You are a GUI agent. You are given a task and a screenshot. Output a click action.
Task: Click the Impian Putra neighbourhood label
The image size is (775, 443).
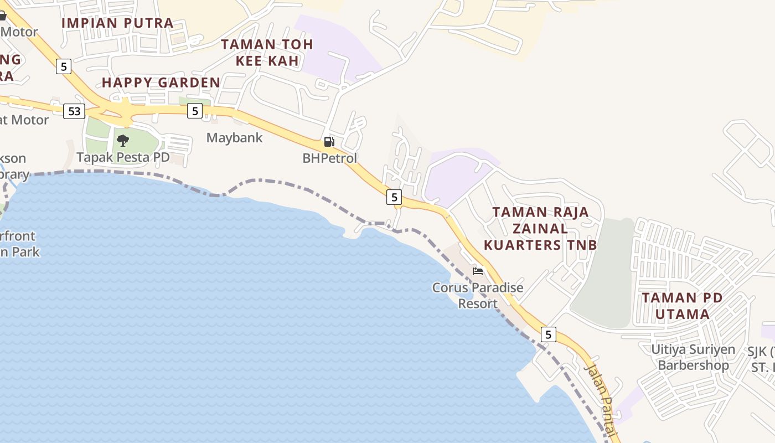pos(117,23)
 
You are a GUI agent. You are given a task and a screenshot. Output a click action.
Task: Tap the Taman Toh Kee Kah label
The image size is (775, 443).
pos(267,52)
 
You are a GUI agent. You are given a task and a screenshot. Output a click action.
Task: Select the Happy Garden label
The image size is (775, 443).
pos(161,83)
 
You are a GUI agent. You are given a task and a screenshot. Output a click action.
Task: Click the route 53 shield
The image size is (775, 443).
pos(74,111)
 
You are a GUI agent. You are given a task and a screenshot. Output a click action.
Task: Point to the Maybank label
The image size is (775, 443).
pos(234,138)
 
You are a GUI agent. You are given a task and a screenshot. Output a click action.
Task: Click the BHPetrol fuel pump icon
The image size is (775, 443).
pos(329,142)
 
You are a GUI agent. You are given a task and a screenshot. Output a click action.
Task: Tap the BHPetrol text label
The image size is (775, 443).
pos(329,158)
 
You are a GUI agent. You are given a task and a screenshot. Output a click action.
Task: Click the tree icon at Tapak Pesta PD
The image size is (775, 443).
pos(123,141)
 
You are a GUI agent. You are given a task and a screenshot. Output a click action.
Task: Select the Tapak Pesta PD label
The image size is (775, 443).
pos(123,157)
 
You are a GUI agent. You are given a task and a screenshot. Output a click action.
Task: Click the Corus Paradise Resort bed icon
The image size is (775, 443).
pos(478,271)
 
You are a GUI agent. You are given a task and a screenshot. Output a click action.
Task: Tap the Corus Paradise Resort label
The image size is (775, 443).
pos(478,296)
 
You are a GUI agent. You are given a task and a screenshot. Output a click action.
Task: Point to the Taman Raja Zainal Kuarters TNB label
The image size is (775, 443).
pos(540,228)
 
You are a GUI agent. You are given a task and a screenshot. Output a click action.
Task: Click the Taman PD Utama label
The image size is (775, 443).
pos(682,306)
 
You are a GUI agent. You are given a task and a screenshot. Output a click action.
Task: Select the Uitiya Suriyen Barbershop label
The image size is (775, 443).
pos(693,357)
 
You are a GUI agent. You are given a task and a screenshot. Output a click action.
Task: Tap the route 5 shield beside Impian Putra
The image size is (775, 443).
pos(64,67)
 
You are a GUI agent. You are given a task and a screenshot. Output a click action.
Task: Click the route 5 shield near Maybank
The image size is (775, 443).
pos(194,111)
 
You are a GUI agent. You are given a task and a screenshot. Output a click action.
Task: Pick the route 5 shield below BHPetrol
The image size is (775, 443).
pos(394,197)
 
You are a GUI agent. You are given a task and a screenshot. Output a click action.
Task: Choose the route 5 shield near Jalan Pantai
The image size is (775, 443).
pos(548,334)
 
